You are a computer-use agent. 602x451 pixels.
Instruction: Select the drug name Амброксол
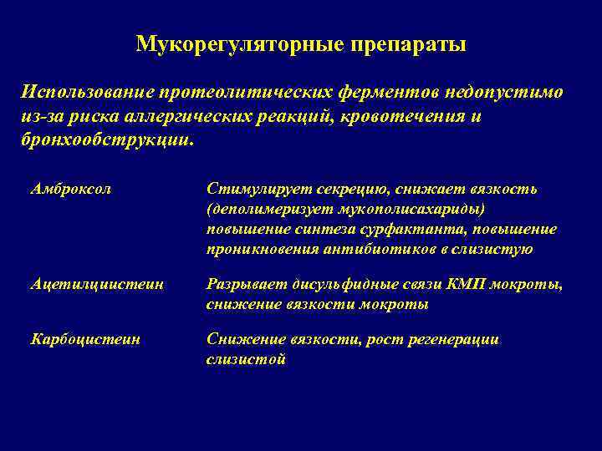pos(70,189)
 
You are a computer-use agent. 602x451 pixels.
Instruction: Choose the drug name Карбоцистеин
pos(85,339)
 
